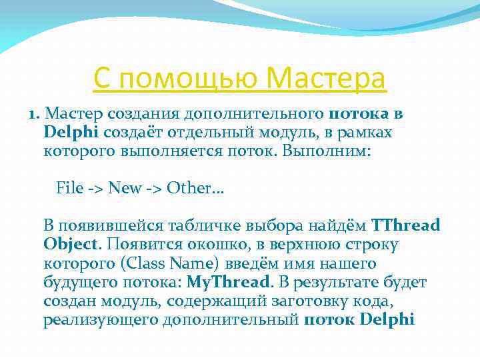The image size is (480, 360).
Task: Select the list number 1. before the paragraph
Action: pyautogui.click(x=36, y=114)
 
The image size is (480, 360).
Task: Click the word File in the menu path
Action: pyautogui.click(x=70, y=188)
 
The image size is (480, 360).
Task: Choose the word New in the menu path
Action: pyautogui.click(x=124, y=188)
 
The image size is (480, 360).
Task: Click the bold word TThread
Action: pyautogui.click(x=405, y=225)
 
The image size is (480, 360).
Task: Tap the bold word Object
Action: pyautogui.click(x=71, y=244)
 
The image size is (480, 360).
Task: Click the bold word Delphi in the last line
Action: pyautogui.click(x=387, y=320)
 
